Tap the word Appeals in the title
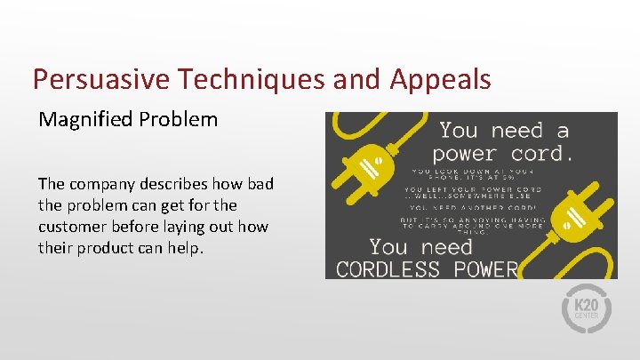pos(439,80)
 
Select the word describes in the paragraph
pos(184,184)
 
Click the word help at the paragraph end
pos(187,248)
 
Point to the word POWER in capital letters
pos(488,268)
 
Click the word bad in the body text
pos(260,184)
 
